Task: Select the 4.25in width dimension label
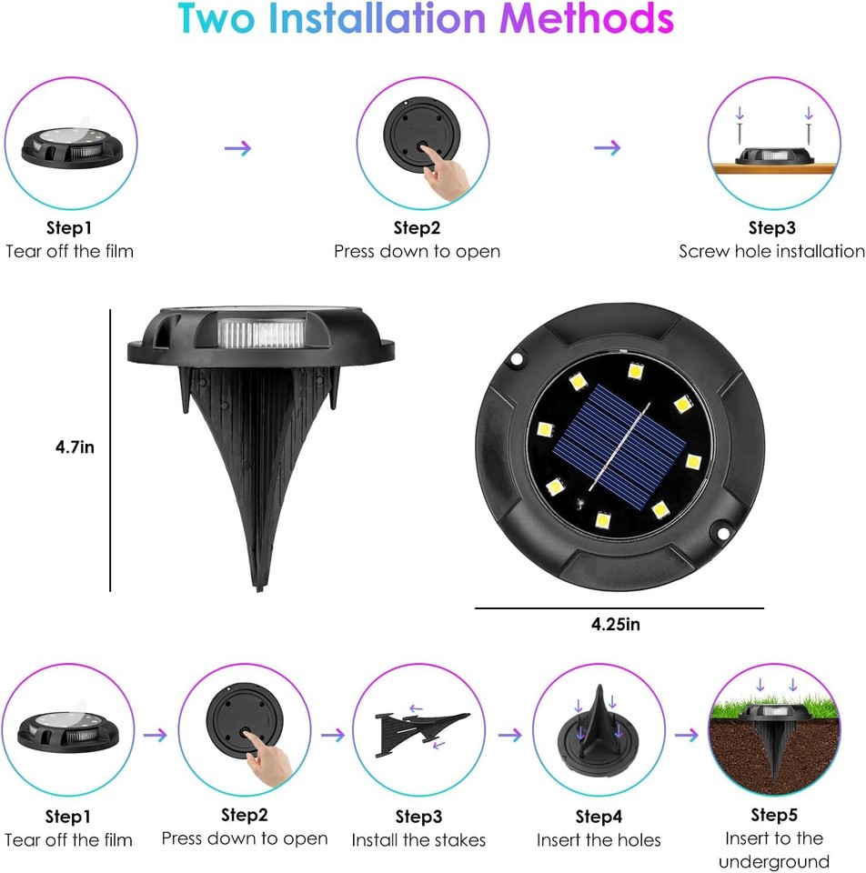(x=616, y=624)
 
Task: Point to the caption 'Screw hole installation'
(x=771, y=251)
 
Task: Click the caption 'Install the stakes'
(x=418, y=839)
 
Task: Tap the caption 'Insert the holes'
(x=599, y=839)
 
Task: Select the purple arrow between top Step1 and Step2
(x=237, y=148)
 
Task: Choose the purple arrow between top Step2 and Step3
(x=607, y=147)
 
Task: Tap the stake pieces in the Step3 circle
(x=420, y=727)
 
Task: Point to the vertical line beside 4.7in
(x=111, y=450)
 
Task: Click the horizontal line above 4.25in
(x=619, y=607)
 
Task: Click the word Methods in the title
(x=590, y=20)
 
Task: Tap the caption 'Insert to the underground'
(x=774, y=849)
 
